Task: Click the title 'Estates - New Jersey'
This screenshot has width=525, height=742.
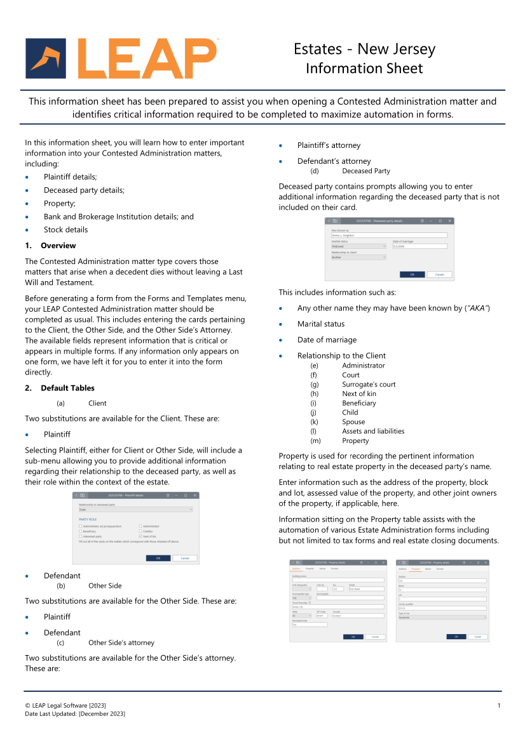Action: (x=364, y=50)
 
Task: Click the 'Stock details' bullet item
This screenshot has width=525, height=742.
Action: (x=65, y=230)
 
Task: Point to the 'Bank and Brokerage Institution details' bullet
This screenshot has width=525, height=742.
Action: (x=118, y=216)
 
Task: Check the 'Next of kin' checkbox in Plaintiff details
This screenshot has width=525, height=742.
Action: (x=140, y=536)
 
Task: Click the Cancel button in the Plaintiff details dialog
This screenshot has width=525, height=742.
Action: (x=184, y=558)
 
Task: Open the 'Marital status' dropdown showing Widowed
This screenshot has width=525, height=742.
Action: (x=358, y=246)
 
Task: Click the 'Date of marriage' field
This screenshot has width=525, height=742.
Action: (x=419, y=246)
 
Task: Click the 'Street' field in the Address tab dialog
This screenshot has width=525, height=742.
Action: (x=367, y=589)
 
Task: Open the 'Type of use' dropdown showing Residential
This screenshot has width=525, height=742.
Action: (x=442, y=617)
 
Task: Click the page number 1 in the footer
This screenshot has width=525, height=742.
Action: (x=499, y=706)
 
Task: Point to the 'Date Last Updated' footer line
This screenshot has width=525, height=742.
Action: (x=75, y=714)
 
